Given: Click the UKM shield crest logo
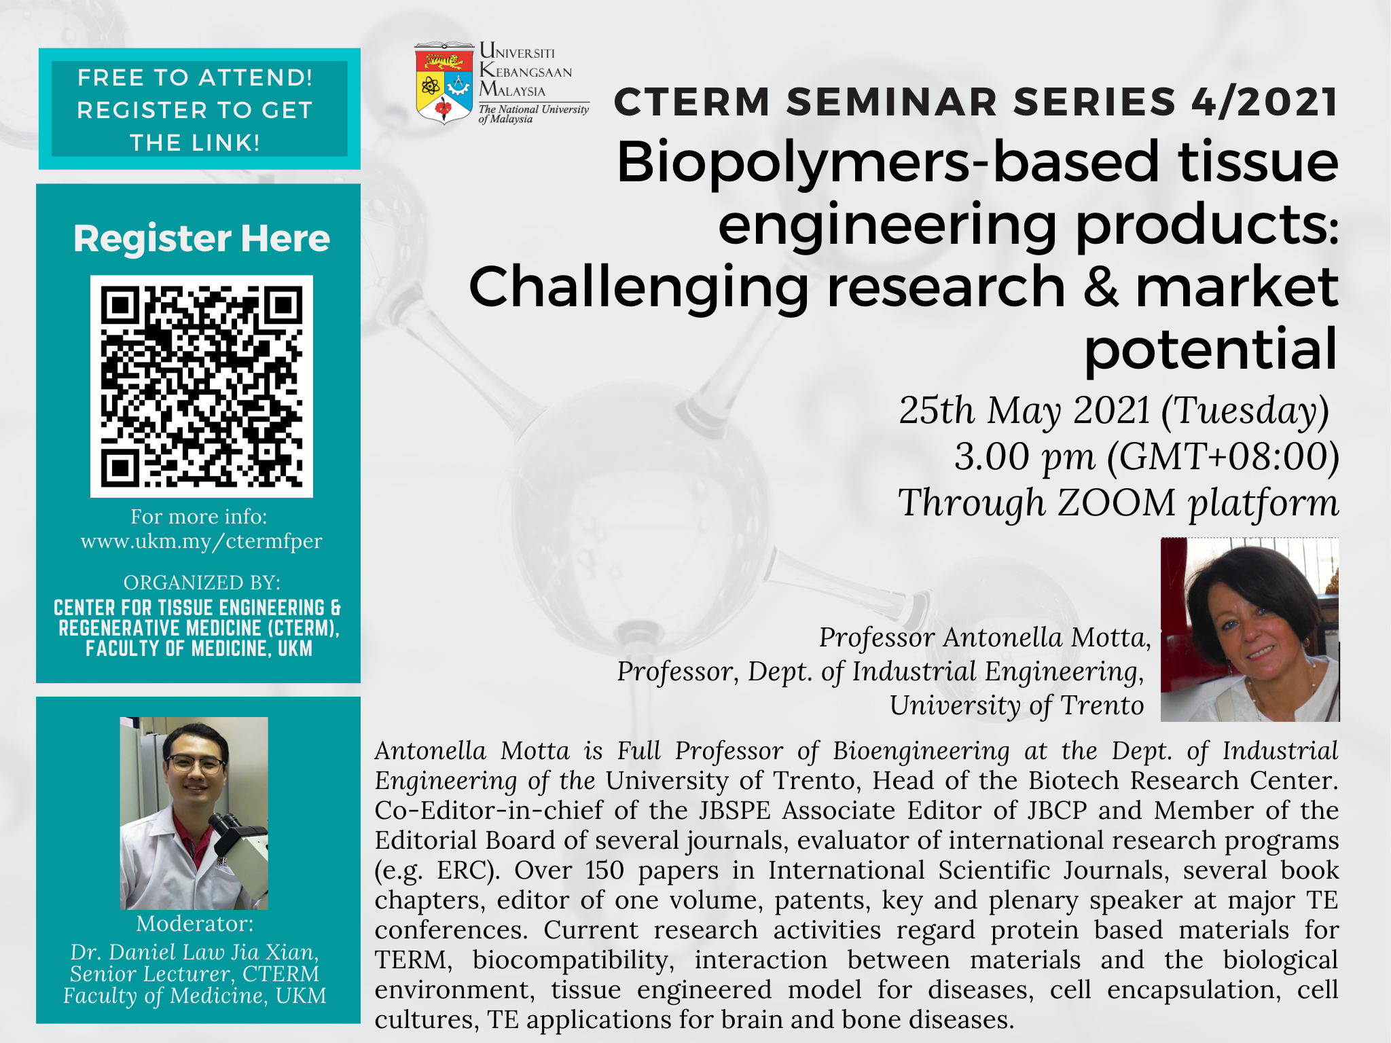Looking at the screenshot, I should click(444, 84).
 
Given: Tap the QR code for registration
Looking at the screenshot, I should click(202, 386).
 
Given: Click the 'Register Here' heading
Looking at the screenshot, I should click(202, 238).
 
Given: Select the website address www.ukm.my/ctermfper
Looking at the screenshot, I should click(202, 541).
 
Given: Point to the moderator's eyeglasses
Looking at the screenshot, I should click(196, 763).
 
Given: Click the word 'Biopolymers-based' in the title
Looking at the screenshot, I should click(791, 162).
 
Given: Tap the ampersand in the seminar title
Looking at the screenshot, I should click(1100, 287).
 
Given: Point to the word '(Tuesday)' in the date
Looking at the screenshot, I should click(1245, 411).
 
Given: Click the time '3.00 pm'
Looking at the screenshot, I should click(1024, 456).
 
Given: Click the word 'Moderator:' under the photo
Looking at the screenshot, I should click(195, 923).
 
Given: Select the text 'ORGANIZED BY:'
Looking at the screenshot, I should click(202, 583).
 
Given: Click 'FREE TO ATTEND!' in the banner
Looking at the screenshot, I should click(195, 78).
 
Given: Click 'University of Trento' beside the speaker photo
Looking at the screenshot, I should click(1017, 706).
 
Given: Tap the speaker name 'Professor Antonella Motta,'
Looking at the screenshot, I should click(985, 638).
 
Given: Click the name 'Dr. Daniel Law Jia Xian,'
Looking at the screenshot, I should click(195, 952).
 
